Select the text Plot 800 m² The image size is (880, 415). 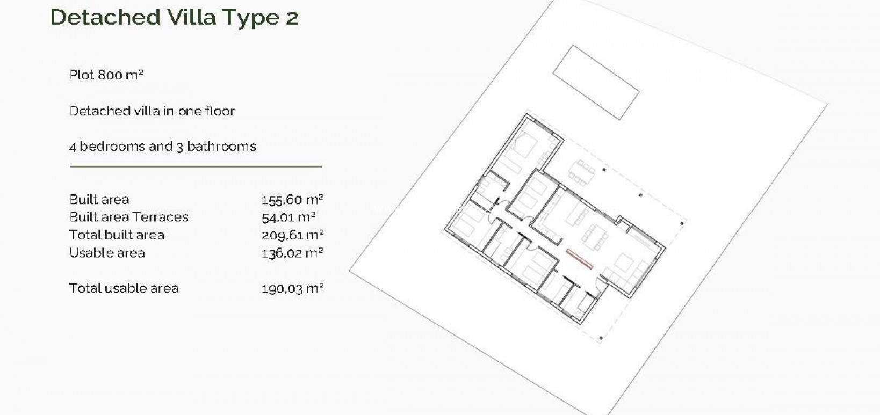click(x=106, y=75)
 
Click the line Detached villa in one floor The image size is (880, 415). click(x=152, y=111)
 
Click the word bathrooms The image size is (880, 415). click(x=221, y=147)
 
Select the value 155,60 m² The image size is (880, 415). click(x=292, y=200)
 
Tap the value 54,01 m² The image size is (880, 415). click(x=288, y=217)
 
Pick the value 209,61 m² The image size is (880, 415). click(x=292, y=235)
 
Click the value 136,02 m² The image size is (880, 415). click(x=292, y=253)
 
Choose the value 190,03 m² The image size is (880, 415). click(x=292, y=289)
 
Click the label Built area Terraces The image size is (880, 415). click(x=129, y=217)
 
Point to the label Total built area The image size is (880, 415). click(x=117, y=235)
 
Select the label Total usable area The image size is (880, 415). click(x=124, y=288)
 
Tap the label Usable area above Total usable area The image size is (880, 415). click(x=107, y=253)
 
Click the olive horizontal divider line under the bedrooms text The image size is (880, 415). click(x=196, y=166)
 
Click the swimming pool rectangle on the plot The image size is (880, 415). click(x=596, y=82)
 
